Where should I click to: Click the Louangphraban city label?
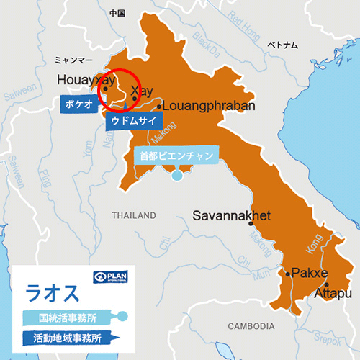tap(210, 106)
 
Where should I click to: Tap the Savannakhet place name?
tap(231, 215)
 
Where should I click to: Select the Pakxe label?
tap(309, 274)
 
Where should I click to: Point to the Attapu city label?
tap(333, 294)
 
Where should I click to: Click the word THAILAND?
tap(134, 215)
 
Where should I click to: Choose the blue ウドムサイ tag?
tap(132, 121)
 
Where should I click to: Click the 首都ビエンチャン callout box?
tap(176, 155)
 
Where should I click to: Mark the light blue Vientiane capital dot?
tap(177, 175)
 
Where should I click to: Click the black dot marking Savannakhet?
tap(251, 224)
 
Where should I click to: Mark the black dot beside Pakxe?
tap(286, 274)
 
